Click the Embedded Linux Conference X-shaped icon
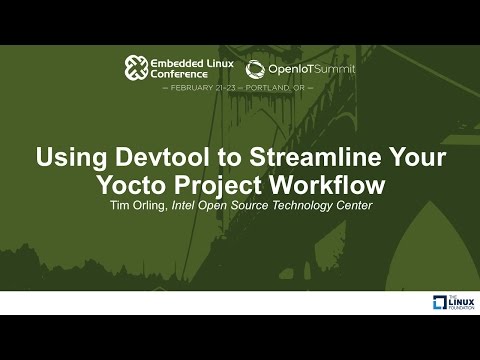click(x=136, y=67)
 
